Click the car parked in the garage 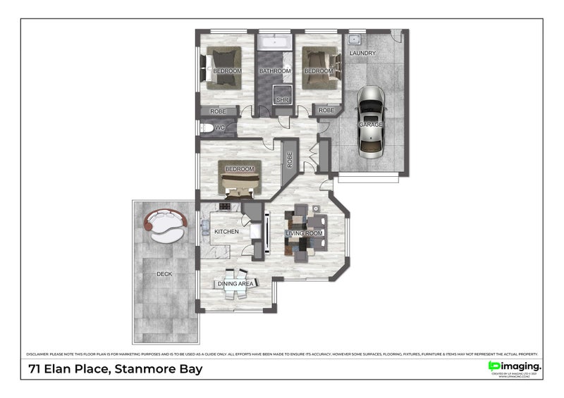pyautogui.click(x=371, y=121)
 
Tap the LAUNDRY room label pyautogui.click(x=362, y=54)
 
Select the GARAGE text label pyautogui.click(x=371, y=125)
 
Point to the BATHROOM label pyautogui.click(x=274, y=71)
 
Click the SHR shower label pyautogui.click(x=282, y=100)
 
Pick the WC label pyautogui.click(x=219, y=128)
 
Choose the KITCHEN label pyautogui.click(x=227, y=232)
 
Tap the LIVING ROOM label pyautogui.click(x=304, y=233)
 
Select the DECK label pyautogui.click(x=164, y=274)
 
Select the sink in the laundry pyautogui.click(x=354, y=39)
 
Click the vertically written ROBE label pyautogui.click(x=289, y=159)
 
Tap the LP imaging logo pyautogui.click(x=515, y=366)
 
